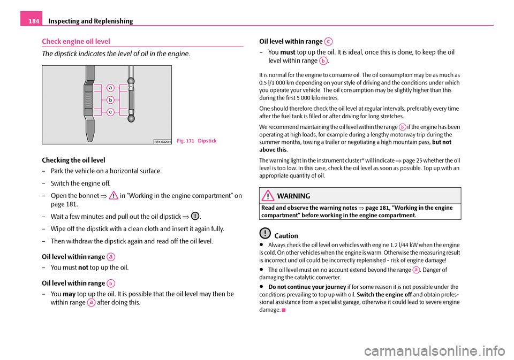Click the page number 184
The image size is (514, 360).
(x=28, y=20)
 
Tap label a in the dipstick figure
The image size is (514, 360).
(x=110, y=87)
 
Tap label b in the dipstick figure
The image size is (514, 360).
(x=110, y=99)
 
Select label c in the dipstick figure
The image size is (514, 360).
(x=110, y=112)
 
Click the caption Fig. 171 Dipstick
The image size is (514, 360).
(x=197, y=140)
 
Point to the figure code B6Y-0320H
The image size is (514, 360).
(x=162, y=141)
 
